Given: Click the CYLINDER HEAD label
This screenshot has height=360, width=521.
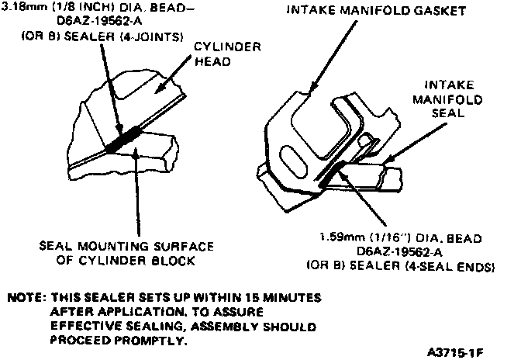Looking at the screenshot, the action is pyautogui.click(x=228, y=54).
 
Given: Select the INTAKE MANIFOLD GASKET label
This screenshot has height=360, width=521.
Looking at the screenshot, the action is pyautogui.click(x=376, y=10).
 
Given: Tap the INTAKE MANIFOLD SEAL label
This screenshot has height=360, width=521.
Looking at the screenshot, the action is pyautogui.click(x=447, y=99).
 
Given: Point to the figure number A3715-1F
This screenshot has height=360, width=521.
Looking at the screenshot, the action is pyautogui.click(x=455, y=352).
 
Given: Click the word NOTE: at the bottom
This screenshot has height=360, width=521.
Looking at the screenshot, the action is pyautogui.click(x=26, y=297).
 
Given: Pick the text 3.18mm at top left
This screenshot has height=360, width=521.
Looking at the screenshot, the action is pyautogui.click(x=22, y=7).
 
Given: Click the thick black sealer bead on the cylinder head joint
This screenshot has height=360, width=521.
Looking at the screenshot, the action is pyautogui.click(x=123, y=140).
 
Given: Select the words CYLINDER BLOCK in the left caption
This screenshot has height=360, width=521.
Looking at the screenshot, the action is pyautogui.click(x=136, y=260).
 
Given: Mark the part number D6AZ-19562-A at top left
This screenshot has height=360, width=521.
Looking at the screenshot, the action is pyautogui.click(x=99, y=22).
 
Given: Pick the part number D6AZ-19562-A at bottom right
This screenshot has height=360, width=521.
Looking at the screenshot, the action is pyautogui.click(x=399, y=251).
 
